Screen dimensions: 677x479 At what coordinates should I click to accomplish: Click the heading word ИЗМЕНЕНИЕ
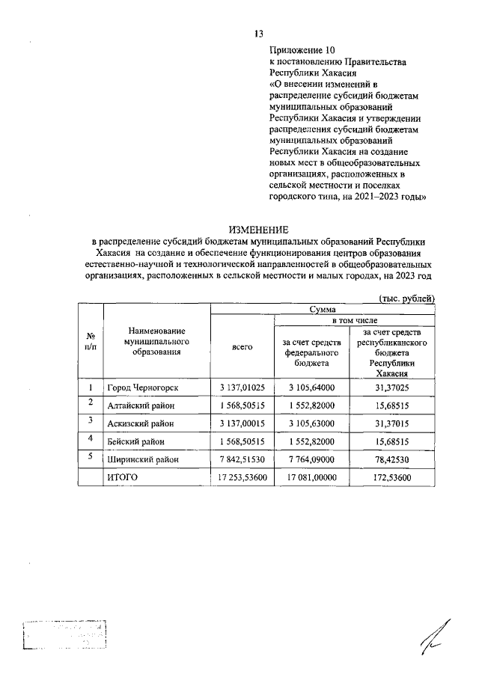click(258, 228)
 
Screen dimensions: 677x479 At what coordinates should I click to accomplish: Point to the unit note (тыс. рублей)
click(406, 298)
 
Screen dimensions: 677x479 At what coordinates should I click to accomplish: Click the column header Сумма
click(323, 308)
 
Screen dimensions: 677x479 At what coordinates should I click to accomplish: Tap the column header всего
click(242, 346)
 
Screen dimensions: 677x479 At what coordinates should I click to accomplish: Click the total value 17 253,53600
click(243, 476)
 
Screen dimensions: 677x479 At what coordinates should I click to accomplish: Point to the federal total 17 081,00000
click(311, 476)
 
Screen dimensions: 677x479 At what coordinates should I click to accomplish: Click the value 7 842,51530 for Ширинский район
click(243, 458)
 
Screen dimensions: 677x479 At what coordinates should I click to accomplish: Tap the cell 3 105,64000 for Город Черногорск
click(311, 387)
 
